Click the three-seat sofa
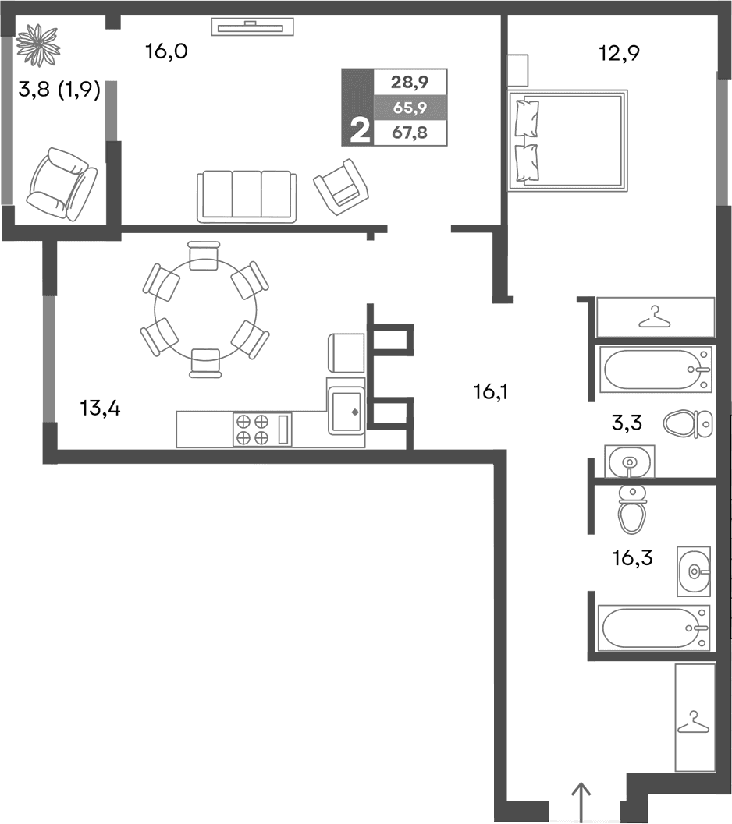(247, 196)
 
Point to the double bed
(568, 141)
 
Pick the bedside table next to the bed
(518, 70)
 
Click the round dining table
(204, 309)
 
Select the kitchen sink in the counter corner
(345, 409)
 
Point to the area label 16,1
(490, 391)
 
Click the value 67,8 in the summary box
(410, 133)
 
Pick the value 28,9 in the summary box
(410, 81)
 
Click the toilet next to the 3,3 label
(688, 423)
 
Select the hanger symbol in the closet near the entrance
(694, 722)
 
